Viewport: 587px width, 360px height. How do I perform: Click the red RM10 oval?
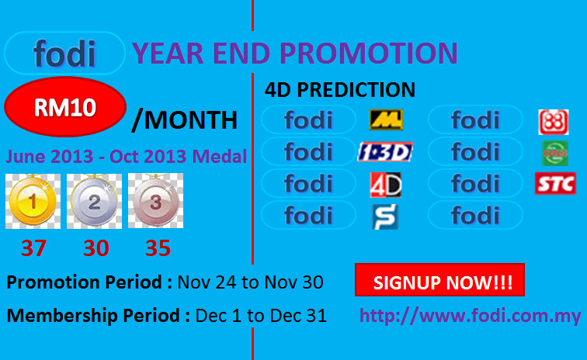pos(65,107)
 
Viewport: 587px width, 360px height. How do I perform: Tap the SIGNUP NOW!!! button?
pos(439,280)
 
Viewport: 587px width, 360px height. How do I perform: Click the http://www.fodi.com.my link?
pos(471,316)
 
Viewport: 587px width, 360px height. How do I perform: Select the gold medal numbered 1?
pos(33,201)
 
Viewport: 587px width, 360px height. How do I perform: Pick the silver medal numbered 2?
pos(95,201)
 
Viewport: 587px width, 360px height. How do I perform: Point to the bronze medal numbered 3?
pos(156,201)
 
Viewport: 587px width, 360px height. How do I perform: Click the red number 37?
pos(34,247)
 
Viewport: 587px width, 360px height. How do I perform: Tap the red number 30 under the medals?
pos(96,247)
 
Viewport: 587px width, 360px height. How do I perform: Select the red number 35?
pos(158,247)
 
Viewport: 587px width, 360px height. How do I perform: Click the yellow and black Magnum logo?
pos(386,119)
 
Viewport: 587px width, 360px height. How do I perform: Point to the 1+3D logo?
pos(385,152)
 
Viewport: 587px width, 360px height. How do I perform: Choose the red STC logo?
pos(556,183)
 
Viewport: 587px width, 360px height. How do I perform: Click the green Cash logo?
pos(555,154)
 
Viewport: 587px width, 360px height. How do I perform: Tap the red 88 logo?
pos(554,122)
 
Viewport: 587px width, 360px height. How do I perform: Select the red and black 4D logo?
pos(386,185)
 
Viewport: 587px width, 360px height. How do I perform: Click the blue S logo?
pos(385,216)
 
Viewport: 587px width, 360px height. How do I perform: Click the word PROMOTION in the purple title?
pos(369,53)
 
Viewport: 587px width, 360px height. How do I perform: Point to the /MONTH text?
pos(185,120)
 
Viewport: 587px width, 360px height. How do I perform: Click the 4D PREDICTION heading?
pos(340,90)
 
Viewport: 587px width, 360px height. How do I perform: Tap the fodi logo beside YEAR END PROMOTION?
pos(64,53)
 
